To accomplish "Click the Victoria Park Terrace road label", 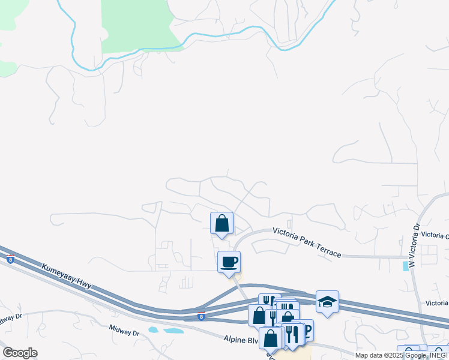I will (307, 242).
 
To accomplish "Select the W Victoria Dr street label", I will (412, 246).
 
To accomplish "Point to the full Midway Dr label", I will (124, 330).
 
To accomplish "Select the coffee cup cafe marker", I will (229, 262).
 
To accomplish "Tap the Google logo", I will (20, 353).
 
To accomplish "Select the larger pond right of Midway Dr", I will (174, 331).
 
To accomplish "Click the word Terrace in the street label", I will (328, 250).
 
